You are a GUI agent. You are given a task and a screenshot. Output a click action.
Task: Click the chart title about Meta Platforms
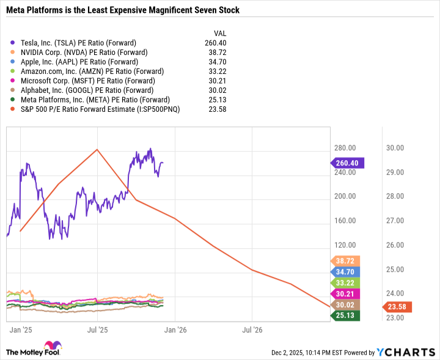coord(123,10)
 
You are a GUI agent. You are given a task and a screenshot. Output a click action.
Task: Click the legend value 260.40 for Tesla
coord(217,43)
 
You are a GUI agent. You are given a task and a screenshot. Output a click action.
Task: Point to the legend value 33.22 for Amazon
coord(219,72)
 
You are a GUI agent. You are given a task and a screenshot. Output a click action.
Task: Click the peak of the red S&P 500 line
coord(97,149)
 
